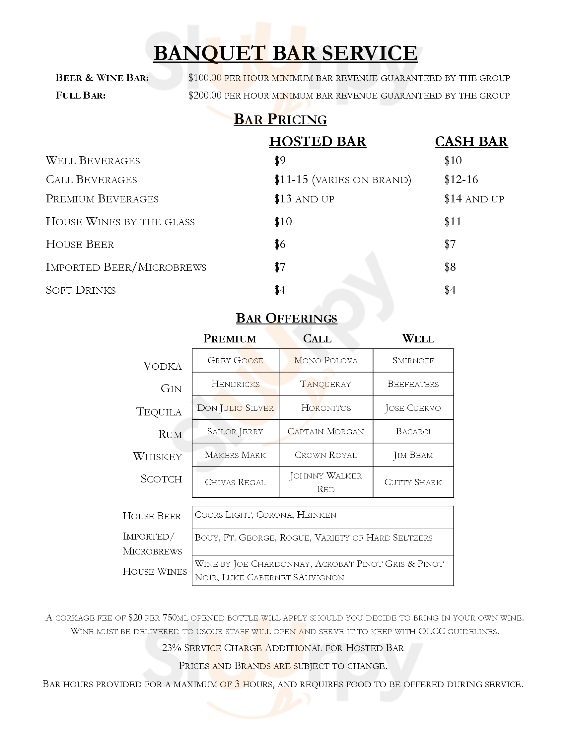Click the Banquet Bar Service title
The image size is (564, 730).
pyautogui.click(x=285, y=53)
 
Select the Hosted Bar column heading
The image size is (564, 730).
pyautogui.click(x=317, y=142)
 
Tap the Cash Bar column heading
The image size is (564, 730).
pyautogui.click(x=471, y=142)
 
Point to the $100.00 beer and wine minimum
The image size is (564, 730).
pyautogui.click(x=205, y=78)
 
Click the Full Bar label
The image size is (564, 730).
pyautogui.click(x=81, y=96)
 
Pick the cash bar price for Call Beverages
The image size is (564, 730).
pyautogui.click(x=461, y=180)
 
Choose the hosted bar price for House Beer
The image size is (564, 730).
pyautogui.click(x=280, y=244)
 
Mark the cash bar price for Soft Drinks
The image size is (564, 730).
pyautogui.click(x=450, y=290)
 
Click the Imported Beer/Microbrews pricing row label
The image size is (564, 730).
pyautogui.click(x=126, y=267)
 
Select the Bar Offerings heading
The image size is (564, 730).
pyautogui.click(x=286, y=318)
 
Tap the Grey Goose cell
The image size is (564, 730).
pyautogui.click(x=235, y=360)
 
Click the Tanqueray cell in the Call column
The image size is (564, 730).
pyautogui.click(x=325, y=384)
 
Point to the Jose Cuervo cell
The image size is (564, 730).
pyautogui.click(x=413, y=408)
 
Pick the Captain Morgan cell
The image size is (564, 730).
pyautogui.click(x=325, y=431)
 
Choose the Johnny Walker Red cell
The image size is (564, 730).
pyautogui.click(x=325, y=482)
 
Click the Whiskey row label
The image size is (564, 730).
pyautogui.click(x=157, y=457)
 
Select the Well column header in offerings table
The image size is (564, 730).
pyautogui.click(x=418, y=338)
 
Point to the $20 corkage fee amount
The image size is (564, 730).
pyautogui.click(x=135, y=618)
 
